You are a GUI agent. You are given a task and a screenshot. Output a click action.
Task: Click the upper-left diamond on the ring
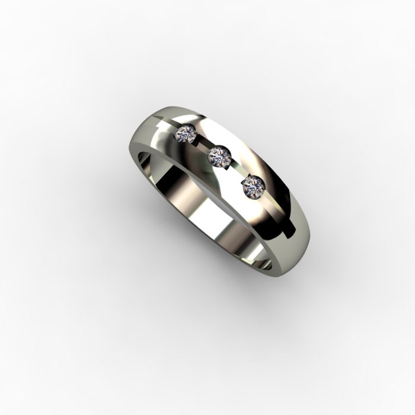[185, 135]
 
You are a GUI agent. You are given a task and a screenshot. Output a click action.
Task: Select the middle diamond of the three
[219, 157]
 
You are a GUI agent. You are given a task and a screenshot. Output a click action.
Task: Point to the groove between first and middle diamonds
[202, 145]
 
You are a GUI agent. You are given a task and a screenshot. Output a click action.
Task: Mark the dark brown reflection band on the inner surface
[178, 190]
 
